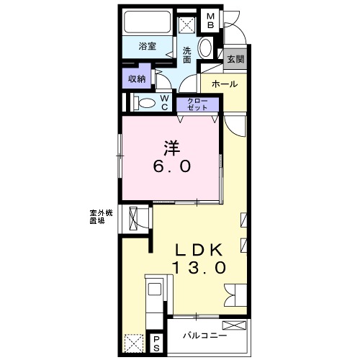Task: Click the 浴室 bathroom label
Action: [x=148, y=46]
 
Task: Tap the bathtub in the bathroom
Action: [x=148, y=22]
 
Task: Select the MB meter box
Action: [x=210, y=21]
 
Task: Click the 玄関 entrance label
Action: [x=235, y=59]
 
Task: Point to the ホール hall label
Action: [x=225, y=84]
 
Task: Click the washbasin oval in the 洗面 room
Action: [x=205, y=48]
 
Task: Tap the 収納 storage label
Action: [x=137, y=78]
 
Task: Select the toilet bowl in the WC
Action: [x=145, y=104]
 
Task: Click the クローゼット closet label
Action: [x=197, y=104]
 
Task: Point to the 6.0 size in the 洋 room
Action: [x=172, y=166]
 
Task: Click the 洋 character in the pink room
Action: [x=172, y=148]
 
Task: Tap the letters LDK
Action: [x=199, y=250]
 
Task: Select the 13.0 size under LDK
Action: [x=199, y=267]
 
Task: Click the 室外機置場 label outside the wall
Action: [x=101, y=217]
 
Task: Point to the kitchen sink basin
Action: [x=155, y=289]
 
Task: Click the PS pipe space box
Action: [x=156, y=344]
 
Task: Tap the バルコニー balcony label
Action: [x=205, y=336]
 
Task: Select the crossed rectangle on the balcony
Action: [x=234, y=325]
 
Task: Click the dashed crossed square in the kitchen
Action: [x=134, y=343]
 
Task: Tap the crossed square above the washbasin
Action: [x=187, y=24]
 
